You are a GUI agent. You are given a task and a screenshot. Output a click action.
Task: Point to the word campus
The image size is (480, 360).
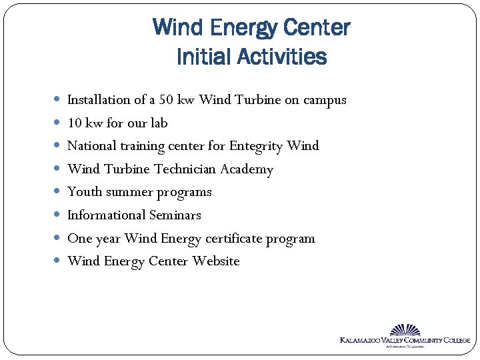pos(325,101)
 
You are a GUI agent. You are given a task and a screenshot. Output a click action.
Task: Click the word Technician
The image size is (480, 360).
pos(185,169)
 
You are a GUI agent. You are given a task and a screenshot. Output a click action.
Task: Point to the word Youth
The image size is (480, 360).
pos(84,192)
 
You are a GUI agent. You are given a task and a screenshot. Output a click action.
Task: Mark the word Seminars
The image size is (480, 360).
pos(177,215)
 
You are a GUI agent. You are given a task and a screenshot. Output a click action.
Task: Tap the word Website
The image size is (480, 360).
pos(216,261)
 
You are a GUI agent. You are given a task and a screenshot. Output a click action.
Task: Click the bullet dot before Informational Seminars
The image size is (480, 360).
pos(57,215)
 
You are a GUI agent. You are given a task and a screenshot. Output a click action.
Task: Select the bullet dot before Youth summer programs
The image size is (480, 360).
pos(57,192)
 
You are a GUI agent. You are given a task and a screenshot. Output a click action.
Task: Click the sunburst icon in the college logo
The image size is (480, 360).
pos(405,330)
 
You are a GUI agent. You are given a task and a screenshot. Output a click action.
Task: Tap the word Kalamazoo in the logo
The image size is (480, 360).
pos(361,341)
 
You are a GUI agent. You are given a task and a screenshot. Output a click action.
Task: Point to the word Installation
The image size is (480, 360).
pos(99,100)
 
